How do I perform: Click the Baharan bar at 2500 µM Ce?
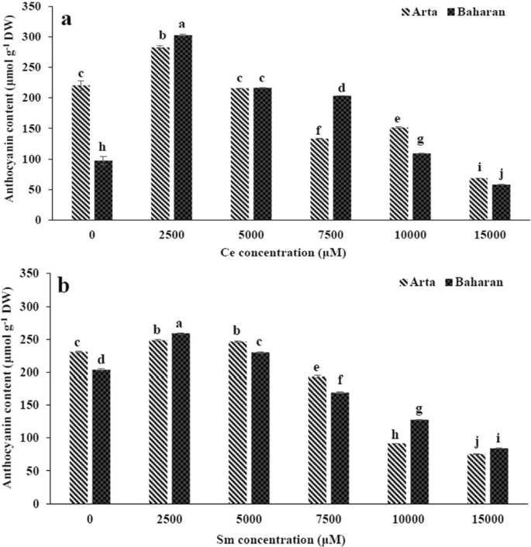pyautogui.click(x=183, y=128)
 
